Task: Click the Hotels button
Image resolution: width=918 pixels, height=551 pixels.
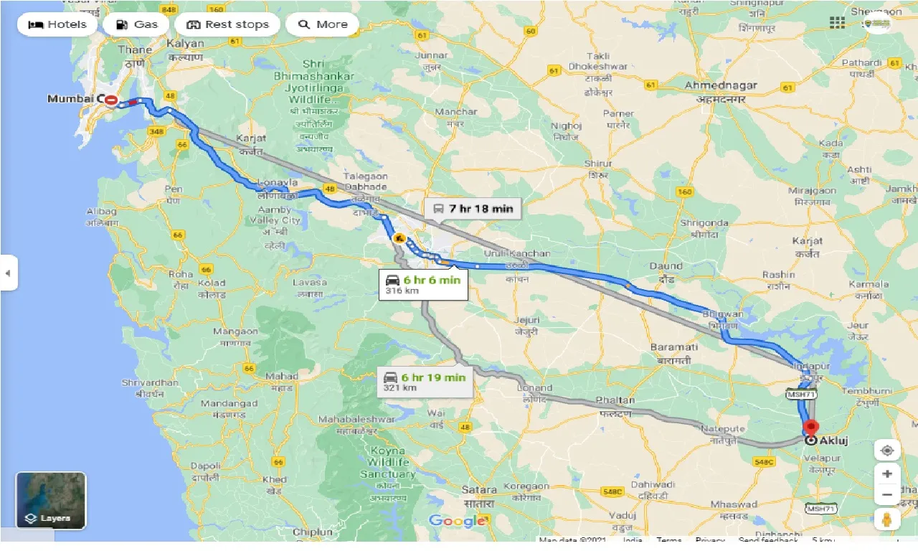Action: tap(57, 24)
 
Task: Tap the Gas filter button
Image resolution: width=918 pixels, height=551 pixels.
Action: tap(136, 24)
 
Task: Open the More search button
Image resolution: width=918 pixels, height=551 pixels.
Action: tap(322, 24)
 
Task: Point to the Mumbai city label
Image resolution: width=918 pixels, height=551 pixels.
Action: tap(71, 99)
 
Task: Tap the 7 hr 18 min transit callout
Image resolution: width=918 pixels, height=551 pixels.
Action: tap(473, 209)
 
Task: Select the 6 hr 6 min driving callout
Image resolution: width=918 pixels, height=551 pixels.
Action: tap(423, 285)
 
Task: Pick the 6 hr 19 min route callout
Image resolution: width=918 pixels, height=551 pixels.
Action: tap(425, 382)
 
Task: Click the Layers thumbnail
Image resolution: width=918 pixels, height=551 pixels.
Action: tap(51, 500)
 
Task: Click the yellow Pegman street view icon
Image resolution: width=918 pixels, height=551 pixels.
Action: tap(886, 519)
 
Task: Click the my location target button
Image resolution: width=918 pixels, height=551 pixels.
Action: tap(887, 451)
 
